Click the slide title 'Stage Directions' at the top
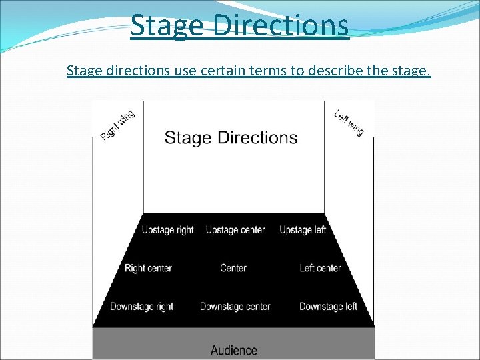click(239, 25)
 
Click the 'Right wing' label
click(117, 125)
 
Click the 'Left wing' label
click(349, 123)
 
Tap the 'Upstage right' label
click(167, 230)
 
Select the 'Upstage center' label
click(235, 230)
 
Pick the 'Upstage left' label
click(303, 230)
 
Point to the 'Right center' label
click(148, 268)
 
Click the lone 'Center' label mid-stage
click(233, 268)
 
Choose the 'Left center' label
click(320, 268)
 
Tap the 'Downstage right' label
click(141, 307)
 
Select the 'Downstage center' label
click(235, 307)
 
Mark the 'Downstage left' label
click(328, 307)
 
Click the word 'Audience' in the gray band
click(233, 349)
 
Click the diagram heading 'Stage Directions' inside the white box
click(231, 138)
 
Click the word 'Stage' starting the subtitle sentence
click(83, 71)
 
